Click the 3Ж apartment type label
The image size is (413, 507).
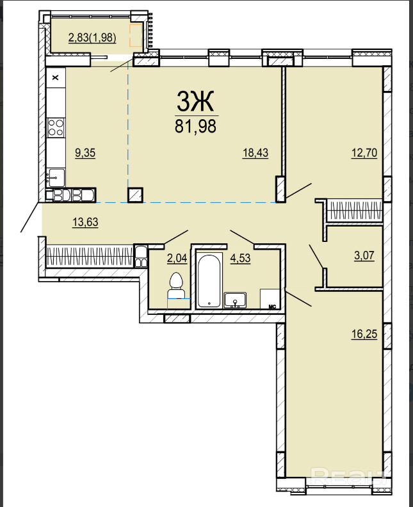click(x=195, y=101)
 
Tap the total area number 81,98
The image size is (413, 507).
click(x=195, y=126)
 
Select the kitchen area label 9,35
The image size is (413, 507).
click(x=85, y=152)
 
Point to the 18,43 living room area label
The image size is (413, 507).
click(x=255, y=152)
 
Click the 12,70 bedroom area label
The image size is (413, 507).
click(x=364, y=152)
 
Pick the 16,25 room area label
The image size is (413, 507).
click(x=364, y=334)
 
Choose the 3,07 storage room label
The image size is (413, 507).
click(x=364, y=255)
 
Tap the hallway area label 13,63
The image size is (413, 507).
click(x=85, y=222)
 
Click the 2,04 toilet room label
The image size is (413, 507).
click(x=177, y=258)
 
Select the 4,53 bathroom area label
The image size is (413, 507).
click(x=240, y=258)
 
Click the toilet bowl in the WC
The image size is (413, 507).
click(x=176, y=286)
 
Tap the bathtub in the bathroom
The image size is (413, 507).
click(x=209, y=280)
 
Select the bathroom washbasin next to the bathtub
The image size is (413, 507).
click(x=235, y=300)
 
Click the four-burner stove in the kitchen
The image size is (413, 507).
click(x=56, y=127)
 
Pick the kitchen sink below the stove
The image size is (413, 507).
click(x=56, y=177)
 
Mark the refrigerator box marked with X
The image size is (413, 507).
click(x=56, y=77)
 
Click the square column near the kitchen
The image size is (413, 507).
click(x=136, y=195)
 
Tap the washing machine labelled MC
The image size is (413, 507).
click(x=270, y=299)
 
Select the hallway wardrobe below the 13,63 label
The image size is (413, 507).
click(x=90, y=257)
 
